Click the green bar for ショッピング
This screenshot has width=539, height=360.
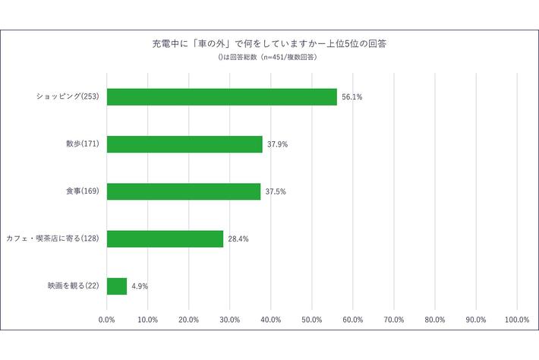pyautogui.click(x=222, y=96)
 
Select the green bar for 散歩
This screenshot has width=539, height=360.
pyautogui.click(x=184, y=144)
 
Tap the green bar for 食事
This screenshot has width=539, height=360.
pyautogui.click(x=184, y=191)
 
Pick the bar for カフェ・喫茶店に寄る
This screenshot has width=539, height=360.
pyautogui.click(x=165, y=238)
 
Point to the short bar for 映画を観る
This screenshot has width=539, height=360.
pyautogui.click(x=117, y=286)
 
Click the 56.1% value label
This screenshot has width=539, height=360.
pyautogui.click(x=351, y=97)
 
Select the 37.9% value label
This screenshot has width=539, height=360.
pyautogui.click(x=277, y=144)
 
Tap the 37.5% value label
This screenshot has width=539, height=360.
pyautogui.click(x=276, y=191)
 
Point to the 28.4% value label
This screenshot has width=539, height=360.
pyautogui.click(x=238, y=239)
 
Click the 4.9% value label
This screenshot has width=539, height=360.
pyautogui.click(x=140, y=286)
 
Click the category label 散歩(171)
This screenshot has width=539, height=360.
pyautogui.click(x=84, y=144)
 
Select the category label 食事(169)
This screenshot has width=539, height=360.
pyautogui.click(x=84, y=191)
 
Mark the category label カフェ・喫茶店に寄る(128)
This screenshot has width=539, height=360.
pyautogui.click(x=53, y=238)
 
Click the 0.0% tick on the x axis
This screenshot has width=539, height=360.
pyautogui.click(x=107, y=320)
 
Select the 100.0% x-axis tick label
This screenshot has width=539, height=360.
pyautogui.click(x=516, y=320)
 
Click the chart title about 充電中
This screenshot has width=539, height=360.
pyautogui.click(x=270, y=43)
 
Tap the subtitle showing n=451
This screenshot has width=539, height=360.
pyautogui.click(x=270, y=57)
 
